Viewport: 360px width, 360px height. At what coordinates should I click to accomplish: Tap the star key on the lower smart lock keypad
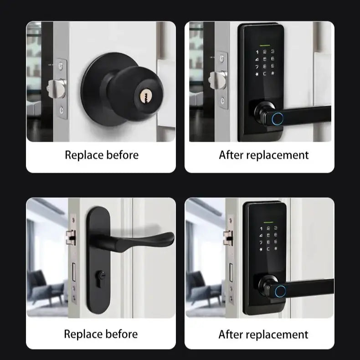coord(261,249)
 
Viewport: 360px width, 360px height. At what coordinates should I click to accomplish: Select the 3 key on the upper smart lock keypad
coord(273,52)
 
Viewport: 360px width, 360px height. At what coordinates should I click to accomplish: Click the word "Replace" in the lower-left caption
coord(82,334)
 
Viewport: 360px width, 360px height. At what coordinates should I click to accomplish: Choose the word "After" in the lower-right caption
coord(230,334)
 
